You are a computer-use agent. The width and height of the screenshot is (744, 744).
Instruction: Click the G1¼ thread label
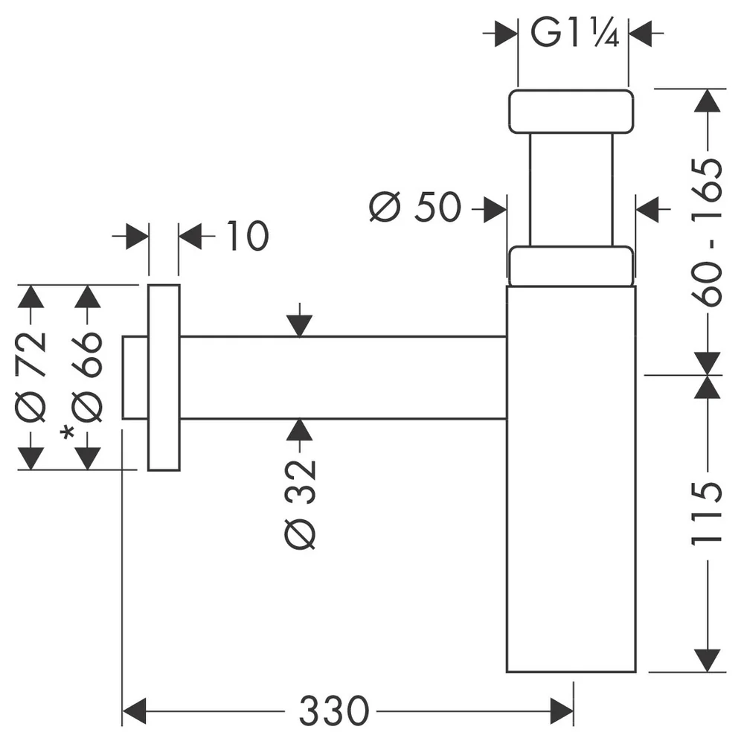574,33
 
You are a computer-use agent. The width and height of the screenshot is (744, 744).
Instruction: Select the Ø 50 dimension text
414,208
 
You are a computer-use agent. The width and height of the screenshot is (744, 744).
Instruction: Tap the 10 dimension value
247,236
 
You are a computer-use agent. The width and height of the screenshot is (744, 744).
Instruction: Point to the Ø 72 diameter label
31,377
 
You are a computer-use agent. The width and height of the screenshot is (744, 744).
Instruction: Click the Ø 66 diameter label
87,377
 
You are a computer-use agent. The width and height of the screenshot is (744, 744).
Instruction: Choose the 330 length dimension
333,711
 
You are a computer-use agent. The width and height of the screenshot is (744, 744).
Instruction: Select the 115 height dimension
707,513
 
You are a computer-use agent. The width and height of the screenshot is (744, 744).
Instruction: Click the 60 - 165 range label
707,232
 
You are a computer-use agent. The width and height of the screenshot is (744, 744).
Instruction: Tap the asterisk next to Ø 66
68,433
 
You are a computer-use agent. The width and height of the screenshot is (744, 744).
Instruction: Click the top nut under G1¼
571,112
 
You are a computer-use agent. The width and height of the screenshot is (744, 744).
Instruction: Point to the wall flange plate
164,377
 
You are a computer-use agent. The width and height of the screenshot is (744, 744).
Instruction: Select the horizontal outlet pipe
343,378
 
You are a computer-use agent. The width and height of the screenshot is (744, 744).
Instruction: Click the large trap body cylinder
571,478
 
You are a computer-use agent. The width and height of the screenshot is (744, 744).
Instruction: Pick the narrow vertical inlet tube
571,190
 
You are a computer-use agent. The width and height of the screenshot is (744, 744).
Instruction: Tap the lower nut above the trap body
571,266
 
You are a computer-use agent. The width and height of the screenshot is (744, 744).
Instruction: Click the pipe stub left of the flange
135,378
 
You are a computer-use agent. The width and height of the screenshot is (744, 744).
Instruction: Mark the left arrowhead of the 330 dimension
134,711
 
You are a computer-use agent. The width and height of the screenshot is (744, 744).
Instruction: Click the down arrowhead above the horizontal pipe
299,326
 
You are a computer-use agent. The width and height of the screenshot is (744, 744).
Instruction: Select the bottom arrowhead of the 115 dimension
707,661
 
